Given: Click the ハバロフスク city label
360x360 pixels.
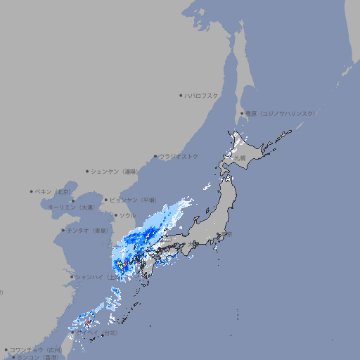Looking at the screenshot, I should point(202,95).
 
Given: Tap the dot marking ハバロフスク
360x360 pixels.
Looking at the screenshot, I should point(181,95).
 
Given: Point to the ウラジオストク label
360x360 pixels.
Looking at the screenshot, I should point(179,156).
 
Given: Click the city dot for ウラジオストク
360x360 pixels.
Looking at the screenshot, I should point(155,157).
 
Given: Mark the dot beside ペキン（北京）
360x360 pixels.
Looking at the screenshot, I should point(32,191).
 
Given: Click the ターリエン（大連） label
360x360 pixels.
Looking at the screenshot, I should point(70,207).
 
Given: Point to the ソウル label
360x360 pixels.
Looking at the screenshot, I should point(127,215).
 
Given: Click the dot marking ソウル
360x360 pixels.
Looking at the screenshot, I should point(115,215).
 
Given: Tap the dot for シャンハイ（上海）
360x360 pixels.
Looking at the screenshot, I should point(72,277).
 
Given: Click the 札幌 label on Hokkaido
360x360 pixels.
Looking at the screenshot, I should point(240,158).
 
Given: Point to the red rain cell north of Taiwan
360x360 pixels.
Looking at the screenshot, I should point(90,322).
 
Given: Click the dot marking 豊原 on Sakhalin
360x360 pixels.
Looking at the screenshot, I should point(241,113).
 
